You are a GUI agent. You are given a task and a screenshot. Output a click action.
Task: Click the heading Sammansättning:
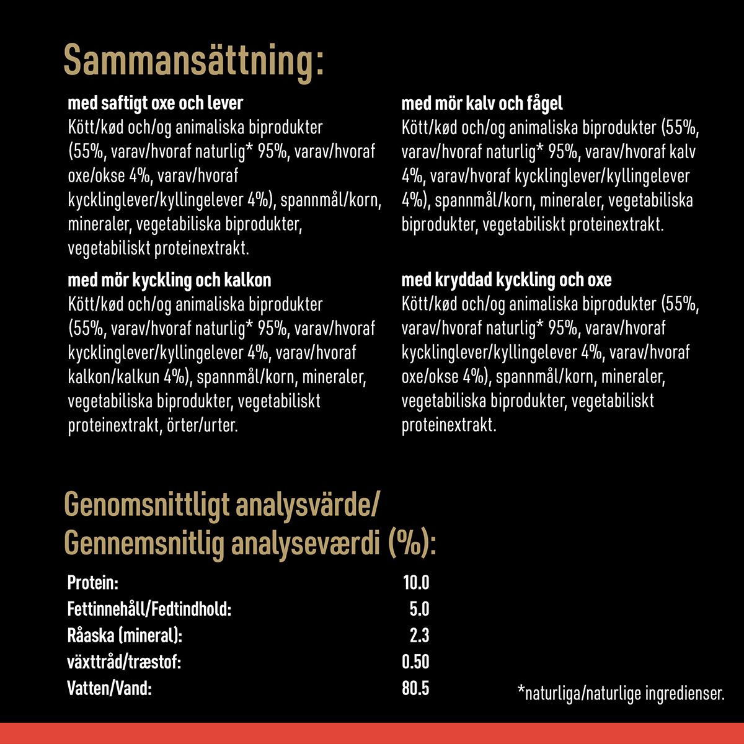pyautogui.click(x=193, y=61)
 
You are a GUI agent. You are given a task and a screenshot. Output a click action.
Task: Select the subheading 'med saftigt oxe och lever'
pyautogui.click(x=155, y=103)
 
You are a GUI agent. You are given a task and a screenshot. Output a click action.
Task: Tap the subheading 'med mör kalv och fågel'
pyautogui.click(x=482, y=103)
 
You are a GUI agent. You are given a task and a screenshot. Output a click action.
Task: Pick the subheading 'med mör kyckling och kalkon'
pyautogui.click(x=169, y=280)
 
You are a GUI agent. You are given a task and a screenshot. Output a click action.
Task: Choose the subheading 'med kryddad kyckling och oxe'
pyautogui.click(x=506, y=280)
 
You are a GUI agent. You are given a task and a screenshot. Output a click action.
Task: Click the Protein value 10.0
pyautogui.click(x=415, y=583)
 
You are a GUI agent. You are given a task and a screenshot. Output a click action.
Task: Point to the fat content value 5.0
pyautogui.click(x=420, y=609)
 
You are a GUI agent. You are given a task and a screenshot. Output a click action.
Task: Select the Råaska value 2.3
pyautogui.click(x=420, y=635)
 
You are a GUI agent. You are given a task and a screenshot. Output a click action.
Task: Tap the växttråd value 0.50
pyautogui.click(x=415, y=662)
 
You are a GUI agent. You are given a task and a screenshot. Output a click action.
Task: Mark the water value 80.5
pyautogui.click(x=415, y=688)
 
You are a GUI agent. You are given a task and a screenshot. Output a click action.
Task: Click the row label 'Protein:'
pyautogui.click(x=92, y=583)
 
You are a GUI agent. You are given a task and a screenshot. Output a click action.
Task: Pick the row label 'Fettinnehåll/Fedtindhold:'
pyautogui.click(x=149, y=609)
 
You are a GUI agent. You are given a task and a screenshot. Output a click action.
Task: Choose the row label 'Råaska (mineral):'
pyautogui.click(x=125, y=635)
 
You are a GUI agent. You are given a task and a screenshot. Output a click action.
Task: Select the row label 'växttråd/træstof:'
pyautogui.click(x=124, y=662)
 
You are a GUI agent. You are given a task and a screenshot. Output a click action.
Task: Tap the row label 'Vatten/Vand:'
pyautogui.click(x=109, y=688)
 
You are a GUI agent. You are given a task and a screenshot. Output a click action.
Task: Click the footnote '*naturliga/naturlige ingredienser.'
pyautogui.click(x=621, y=693)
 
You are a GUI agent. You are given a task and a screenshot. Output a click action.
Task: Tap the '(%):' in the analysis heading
pyautogui.click(x=412, y=545)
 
